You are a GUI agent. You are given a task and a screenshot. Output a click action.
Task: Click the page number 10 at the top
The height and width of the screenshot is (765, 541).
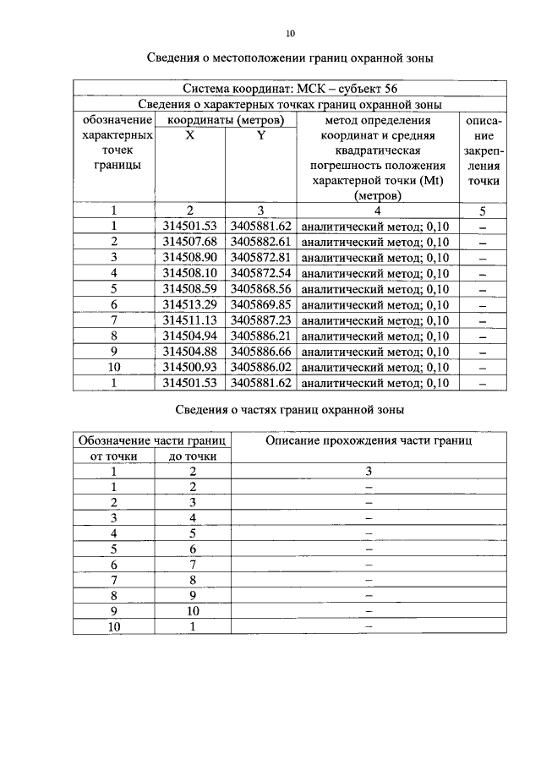click(x=291, y=34)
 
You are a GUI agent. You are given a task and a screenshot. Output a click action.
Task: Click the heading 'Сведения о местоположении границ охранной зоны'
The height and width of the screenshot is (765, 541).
click(x=291, y=58)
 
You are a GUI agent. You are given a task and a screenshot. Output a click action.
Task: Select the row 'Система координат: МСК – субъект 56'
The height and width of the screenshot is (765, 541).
click(x=291, y=89)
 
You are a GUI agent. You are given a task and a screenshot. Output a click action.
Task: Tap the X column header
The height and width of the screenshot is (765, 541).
click(x=190, y=135)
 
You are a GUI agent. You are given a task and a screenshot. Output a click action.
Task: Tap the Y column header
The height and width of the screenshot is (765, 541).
click(x=260, y=135)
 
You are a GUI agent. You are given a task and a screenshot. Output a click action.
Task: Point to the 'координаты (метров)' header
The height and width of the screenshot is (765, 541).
click(x=225, y=120)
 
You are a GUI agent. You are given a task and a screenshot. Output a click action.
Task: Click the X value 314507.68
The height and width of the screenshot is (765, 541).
click(x=190, y=242)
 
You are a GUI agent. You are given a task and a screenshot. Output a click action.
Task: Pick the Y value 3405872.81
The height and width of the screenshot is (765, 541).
click(x=260, y=257)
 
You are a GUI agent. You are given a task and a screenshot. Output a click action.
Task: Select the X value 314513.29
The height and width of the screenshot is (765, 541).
click(x=190, y=304)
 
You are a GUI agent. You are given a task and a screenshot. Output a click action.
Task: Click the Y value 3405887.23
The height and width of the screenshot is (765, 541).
click(x=260, y=320)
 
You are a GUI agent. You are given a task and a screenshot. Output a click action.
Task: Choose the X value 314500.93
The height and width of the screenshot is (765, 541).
click(x=190, y=367)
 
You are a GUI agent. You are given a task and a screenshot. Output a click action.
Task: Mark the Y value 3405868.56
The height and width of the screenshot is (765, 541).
click(x=260, y=288)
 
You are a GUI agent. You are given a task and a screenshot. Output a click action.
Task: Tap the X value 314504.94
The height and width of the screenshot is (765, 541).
click(x=190, y=336)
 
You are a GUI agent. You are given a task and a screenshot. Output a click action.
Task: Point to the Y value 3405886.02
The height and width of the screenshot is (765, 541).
click(x=260, y=367)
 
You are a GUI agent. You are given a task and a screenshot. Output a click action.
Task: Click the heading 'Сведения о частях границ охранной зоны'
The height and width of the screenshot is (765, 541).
click(x=291, y=410)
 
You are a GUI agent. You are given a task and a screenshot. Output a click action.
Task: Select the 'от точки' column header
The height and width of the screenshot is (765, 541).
click(x=112, y=456)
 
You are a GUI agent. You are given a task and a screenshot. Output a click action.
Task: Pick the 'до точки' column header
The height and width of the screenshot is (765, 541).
click(x=193, y=456)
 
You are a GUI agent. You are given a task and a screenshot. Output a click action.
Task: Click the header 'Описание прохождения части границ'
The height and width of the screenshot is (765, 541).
click(x=369, y=440)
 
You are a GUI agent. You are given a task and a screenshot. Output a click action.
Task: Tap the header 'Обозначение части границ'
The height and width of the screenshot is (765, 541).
click(x=152, y=440)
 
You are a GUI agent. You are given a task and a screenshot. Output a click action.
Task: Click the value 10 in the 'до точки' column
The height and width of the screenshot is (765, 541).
click(x=193, y=610)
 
